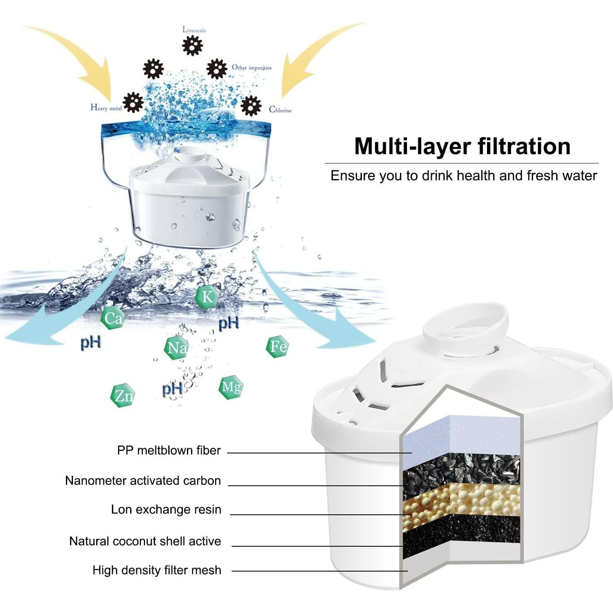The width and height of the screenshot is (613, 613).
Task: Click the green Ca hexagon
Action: [x=113, y=318]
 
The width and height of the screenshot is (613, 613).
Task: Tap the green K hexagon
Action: [x=206, y=297]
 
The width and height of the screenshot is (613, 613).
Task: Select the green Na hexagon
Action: [x=177, y=347]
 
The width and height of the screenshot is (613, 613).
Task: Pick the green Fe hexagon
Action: [x=277, y=346]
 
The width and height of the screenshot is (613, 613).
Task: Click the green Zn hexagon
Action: [x=123, y=396]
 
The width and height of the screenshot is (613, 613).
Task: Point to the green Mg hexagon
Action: [x=230, y=387]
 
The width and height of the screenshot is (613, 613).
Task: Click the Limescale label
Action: [x=194, y=30]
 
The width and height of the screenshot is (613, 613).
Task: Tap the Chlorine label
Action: [x=280, y=110]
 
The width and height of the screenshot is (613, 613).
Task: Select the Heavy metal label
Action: [x=106, y=108]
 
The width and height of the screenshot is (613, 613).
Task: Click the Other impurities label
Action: [x=252, y=68]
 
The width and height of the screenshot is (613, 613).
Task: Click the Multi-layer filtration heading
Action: [x=462, y=146]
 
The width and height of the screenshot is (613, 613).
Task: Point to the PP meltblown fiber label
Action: [x=169, y=450]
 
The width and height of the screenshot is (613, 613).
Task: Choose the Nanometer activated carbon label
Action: [x=143, y=480]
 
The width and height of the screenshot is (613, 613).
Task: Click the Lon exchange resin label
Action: [x=166, y=509]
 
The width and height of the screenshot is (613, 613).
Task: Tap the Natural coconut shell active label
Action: [x=145, y=541]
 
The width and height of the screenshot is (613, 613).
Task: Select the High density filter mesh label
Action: [x=157, y=570]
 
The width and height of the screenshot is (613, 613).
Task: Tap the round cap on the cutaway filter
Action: [x=464, y=327]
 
